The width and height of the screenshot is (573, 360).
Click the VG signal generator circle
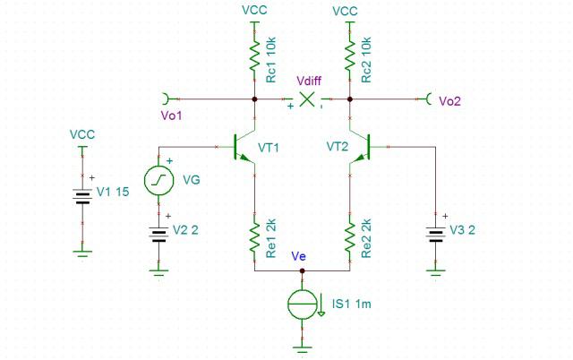158,181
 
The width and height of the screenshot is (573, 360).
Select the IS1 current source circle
304,304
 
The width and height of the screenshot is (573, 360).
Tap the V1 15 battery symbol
83,196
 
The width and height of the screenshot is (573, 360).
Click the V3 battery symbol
436,235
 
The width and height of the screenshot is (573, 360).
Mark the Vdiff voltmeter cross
307,99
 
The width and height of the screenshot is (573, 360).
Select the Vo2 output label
449,100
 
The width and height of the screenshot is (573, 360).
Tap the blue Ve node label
302,256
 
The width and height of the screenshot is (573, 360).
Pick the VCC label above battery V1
82,134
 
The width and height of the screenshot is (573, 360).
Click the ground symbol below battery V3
436,267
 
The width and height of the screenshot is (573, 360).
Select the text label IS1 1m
351,305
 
